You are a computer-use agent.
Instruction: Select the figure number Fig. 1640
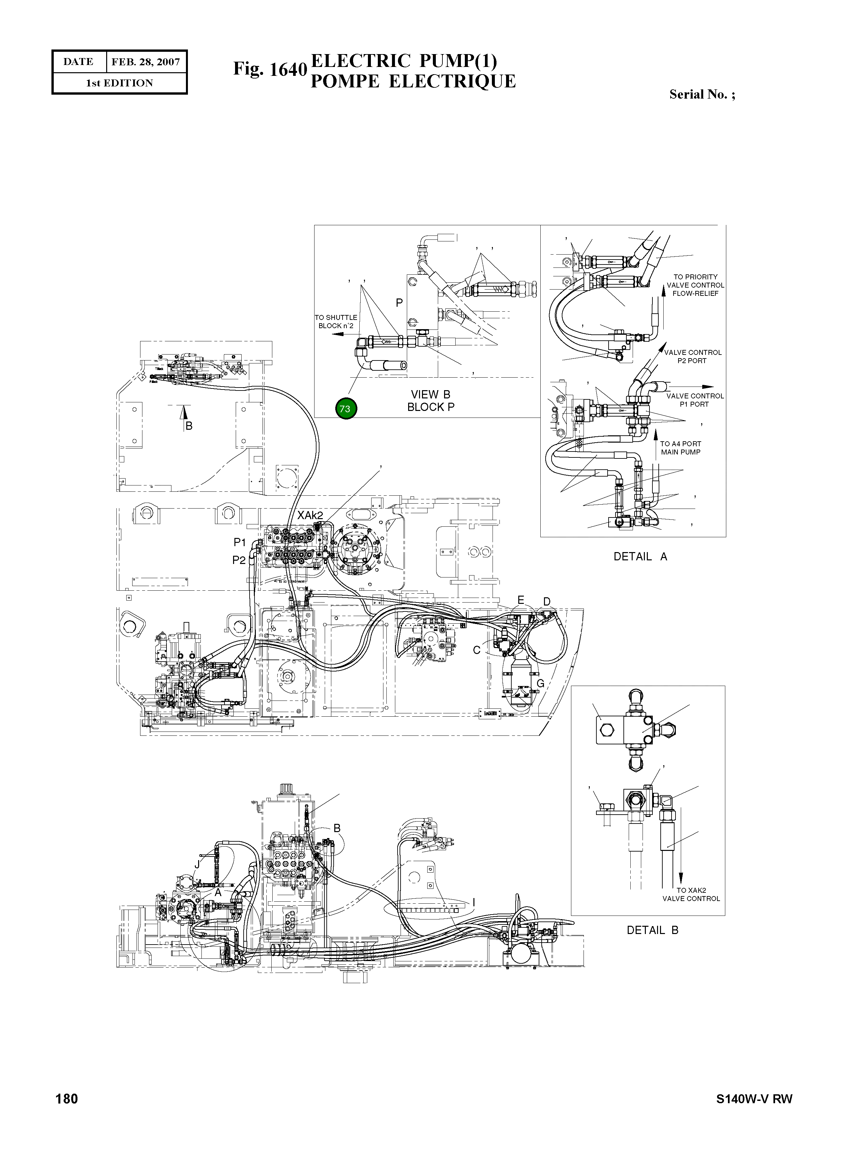click(x=270, y=69)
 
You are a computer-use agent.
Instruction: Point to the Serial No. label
click(x=702, y=94)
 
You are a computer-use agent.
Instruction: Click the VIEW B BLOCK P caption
click(x=431, y=401)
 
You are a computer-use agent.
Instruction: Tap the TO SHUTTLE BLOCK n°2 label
click(x=336, y=321)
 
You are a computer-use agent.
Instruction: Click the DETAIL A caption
click(x=640, y=556)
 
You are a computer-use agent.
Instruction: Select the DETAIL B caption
click(x=652, y=930)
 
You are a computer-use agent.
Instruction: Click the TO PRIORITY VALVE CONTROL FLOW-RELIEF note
click(x=695, y=285)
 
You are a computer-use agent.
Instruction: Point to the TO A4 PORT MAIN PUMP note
click(x=680, y=448)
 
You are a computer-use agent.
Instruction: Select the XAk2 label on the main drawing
click(x=310, y=515)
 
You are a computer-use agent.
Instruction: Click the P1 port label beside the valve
click(x=240, y=542)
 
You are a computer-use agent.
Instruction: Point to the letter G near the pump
click(x=540, y=684)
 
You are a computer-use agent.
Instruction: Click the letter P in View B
click(x=399, y=303)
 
